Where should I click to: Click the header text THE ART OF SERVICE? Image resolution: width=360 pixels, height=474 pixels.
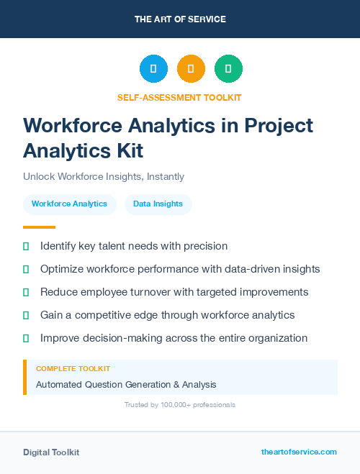[x=180, y=19]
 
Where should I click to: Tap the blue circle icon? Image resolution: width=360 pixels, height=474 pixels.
[x=153, y=68]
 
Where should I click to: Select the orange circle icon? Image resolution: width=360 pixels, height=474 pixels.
[x=191, y=68]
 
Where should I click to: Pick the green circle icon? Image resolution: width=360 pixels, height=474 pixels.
[x=228, y=68]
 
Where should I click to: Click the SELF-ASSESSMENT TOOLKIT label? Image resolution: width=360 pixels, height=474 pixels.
[x=180, y=97]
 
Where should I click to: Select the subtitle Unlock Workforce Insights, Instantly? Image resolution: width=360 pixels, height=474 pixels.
[x=104, y=176]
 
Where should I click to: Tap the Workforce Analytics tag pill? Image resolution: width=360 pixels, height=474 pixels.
[x=69, y=204]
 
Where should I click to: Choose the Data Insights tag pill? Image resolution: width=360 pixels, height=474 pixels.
[x=158, y=204]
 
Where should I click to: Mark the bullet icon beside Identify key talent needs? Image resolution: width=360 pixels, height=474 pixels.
[x=26, y=246]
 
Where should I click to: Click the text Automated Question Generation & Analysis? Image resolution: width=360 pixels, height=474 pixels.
[x=126, y=385]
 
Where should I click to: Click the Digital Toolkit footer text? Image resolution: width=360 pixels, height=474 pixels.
[x=51, y=452]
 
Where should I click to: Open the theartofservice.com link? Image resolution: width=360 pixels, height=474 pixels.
[x=299, y=452]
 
